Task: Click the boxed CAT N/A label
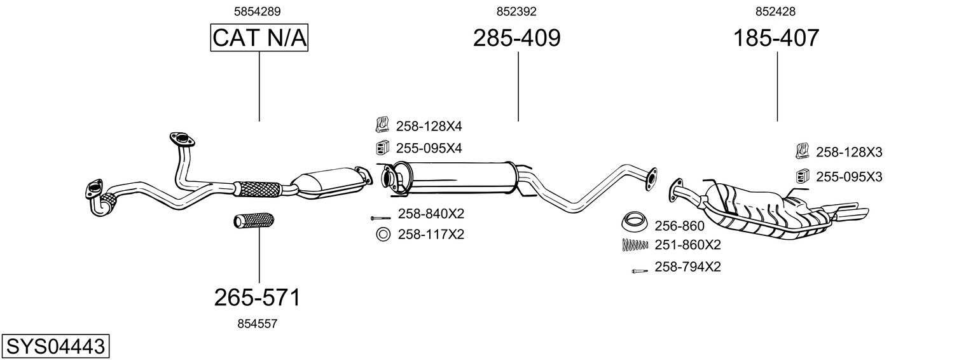point(259,38)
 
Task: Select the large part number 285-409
point(516,38)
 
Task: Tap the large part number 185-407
point(776,38)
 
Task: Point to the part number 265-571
point(257,297)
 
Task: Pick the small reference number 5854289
point(258,11)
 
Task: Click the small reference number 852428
point(775,11)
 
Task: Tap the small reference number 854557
point(257,324)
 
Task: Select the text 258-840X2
point(431,214)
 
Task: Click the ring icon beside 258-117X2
point(383,235)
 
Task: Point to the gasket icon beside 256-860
point(634,224)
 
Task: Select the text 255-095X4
point(429,148)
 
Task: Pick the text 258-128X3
point(849,153)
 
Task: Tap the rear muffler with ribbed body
point(769,210)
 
